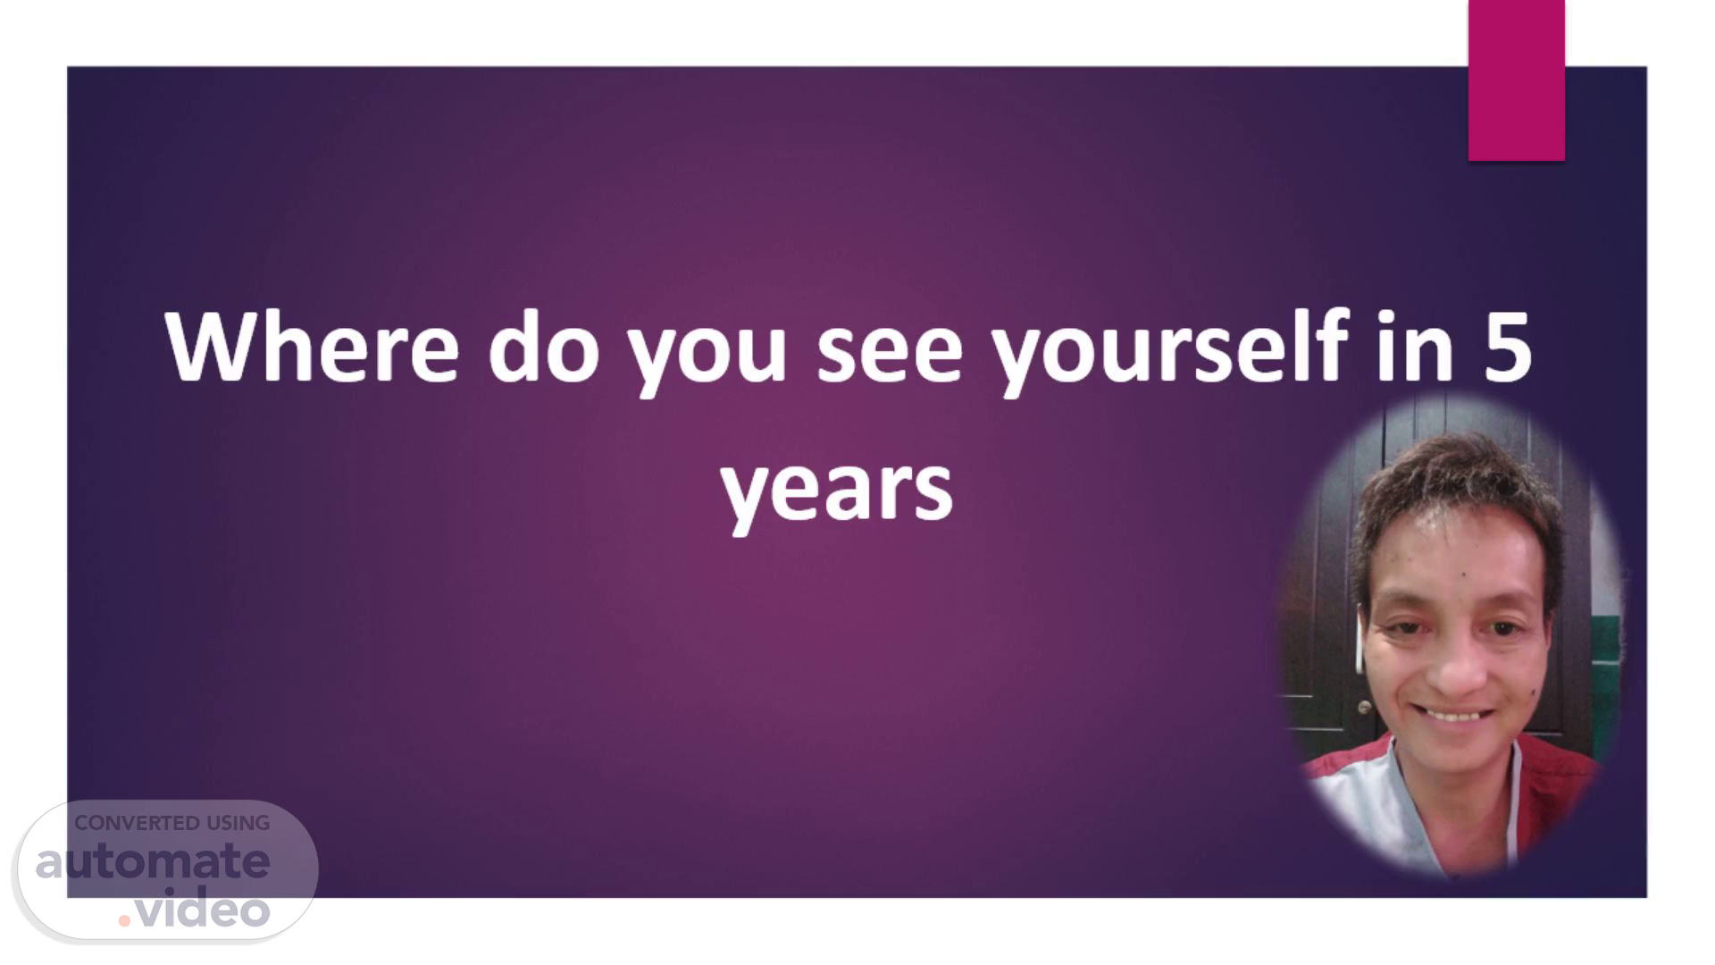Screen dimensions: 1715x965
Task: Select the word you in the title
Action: pos(707,357)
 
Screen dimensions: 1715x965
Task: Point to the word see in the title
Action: pos(890,354)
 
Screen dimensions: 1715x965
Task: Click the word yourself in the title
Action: pos(1169,350)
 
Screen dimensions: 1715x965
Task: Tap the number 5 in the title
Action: pos(1509,348)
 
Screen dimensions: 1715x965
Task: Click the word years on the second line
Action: pos(837,494)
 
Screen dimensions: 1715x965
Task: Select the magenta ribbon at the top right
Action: pos(1516,80)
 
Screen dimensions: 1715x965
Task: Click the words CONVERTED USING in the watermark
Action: pos(171,823)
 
